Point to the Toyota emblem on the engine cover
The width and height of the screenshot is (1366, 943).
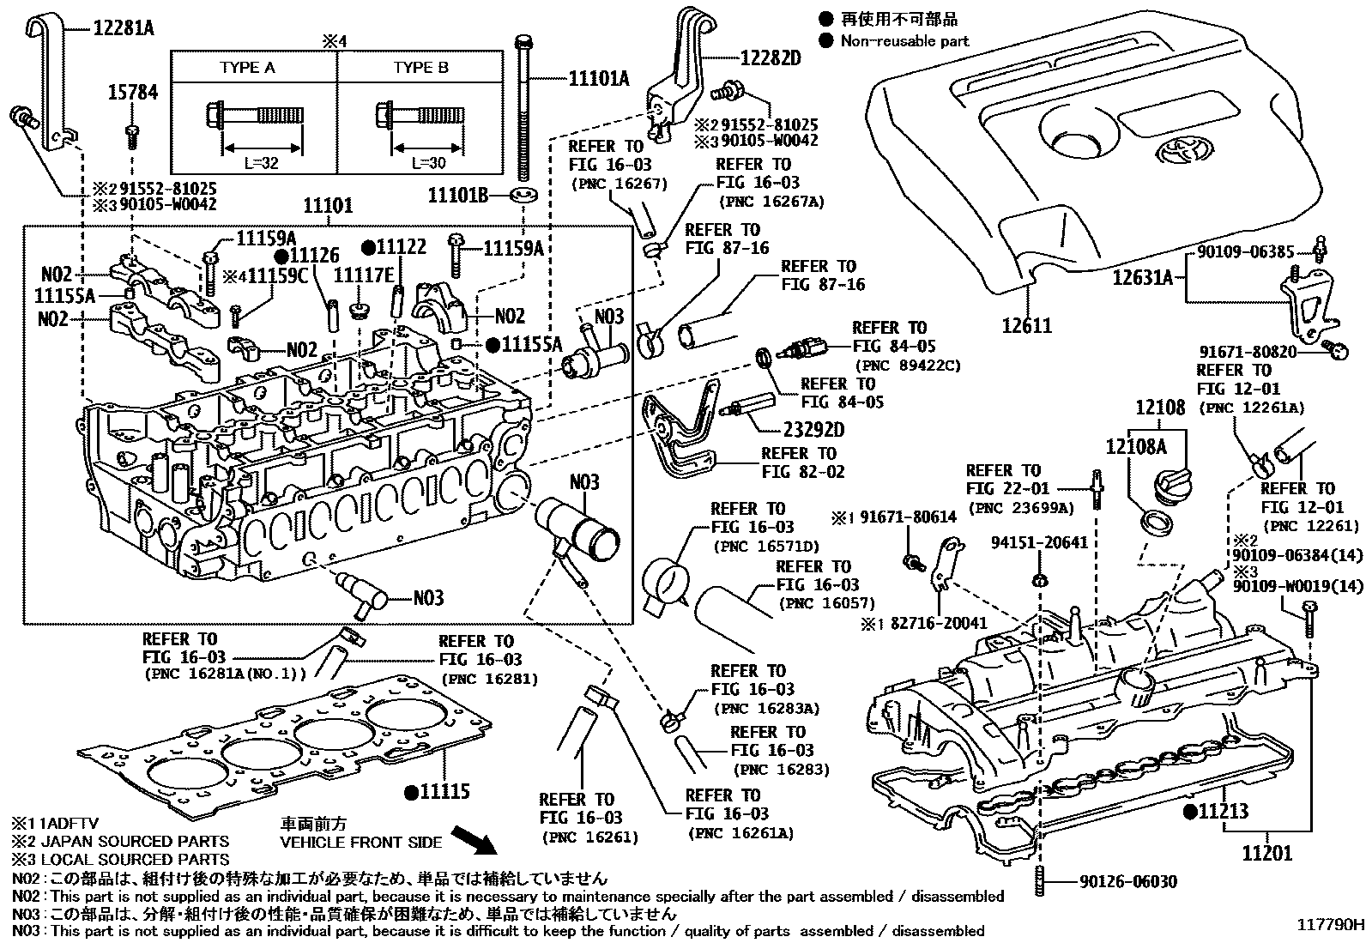coord(1184,151)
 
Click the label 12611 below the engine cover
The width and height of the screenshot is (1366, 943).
coord(1026,325)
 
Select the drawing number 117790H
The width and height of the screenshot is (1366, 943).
coord(1329,924)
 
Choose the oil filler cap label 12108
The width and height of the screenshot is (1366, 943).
coord(1159,408)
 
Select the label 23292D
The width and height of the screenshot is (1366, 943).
coord(813,429)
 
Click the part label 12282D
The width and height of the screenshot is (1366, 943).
coord(770,57)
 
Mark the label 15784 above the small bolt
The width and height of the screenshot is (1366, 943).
coord(133,93)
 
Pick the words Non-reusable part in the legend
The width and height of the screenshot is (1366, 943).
coord(904,40)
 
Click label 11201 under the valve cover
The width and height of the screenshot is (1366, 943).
coord(1266,853)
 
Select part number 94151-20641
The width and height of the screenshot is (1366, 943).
coord(1039,542)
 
